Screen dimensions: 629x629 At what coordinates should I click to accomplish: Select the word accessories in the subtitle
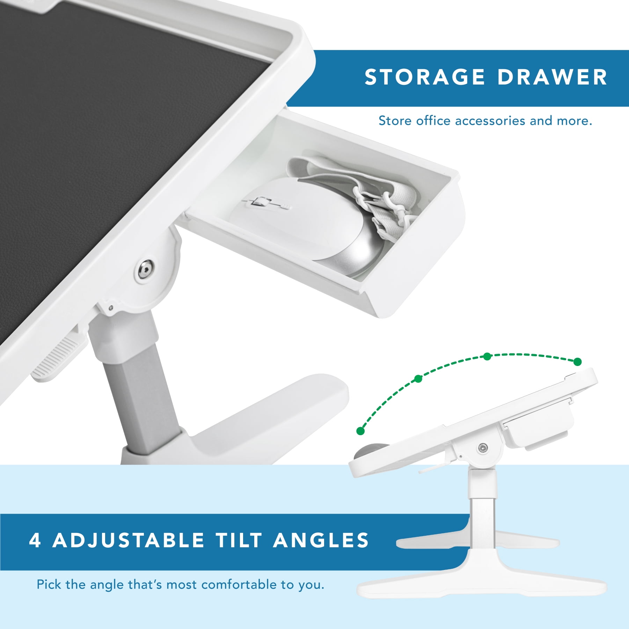[490, 121]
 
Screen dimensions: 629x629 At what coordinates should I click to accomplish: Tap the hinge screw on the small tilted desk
[483, 447]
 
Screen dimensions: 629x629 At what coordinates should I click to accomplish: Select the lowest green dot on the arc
[360, 431]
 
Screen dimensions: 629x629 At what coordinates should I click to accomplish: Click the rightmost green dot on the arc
[577, 362]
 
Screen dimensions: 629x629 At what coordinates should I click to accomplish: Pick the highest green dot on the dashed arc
[487, 356]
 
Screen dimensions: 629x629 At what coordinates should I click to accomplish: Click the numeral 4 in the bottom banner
[35, 540]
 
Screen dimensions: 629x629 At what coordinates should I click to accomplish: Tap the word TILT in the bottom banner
[239, 540]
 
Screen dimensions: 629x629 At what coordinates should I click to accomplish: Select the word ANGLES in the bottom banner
[321, 540]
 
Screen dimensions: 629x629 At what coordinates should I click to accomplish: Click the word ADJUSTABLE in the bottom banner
[128, 540]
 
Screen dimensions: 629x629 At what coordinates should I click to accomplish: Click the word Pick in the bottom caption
[49, 584]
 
